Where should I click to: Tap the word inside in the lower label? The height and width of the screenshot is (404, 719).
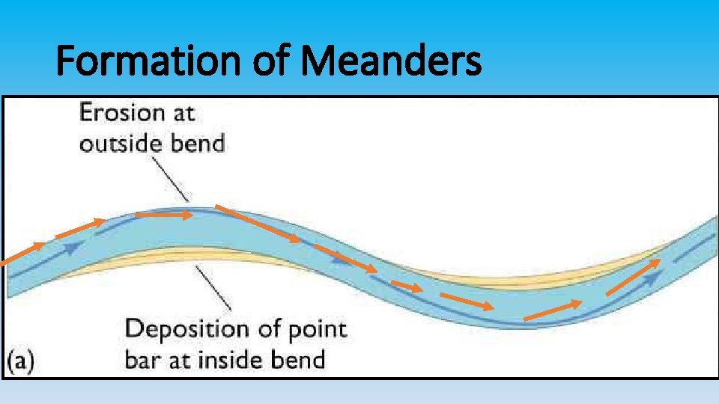point(227,359)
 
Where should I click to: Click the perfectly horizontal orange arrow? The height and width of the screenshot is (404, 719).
point(163,215)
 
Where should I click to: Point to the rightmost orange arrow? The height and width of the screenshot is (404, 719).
point(633,276)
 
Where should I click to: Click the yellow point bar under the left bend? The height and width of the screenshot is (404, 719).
point(150,258)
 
